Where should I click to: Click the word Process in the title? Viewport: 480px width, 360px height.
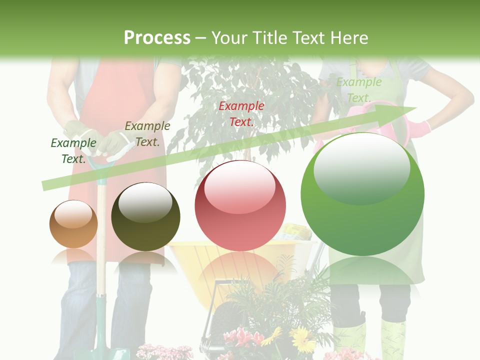point(157,38)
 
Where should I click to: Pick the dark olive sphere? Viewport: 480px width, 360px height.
point(145,217)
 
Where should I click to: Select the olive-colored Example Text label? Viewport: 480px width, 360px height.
point(147,134)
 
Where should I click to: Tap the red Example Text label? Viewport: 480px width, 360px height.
point(241,113)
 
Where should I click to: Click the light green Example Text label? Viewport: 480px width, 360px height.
point(358,90)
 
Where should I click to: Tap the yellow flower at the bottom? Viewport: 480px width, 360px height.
point(301,339)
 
